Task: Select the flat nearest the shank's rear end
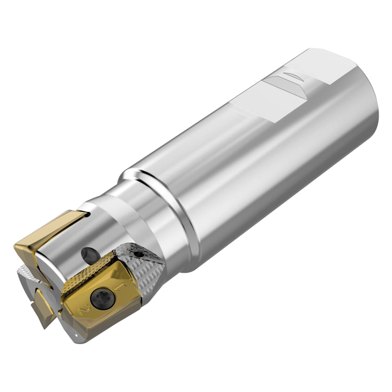309,66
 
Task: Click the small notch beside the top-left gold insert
89,215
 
